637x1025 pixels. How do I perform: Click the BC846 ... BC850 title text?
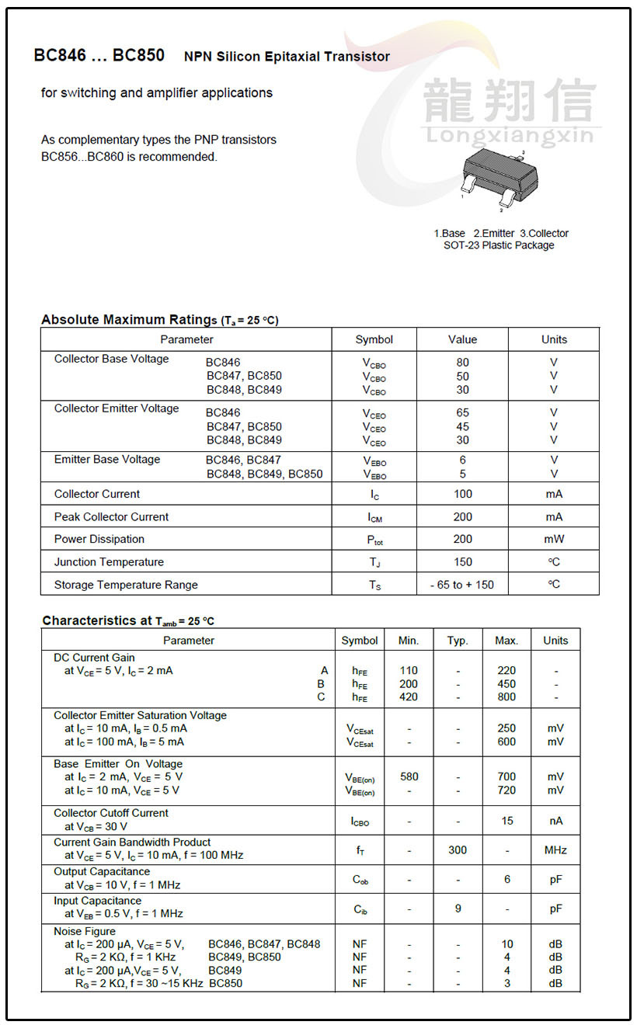click(99, 56)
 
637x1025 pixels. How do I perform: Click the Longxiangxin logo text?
click(510, 137)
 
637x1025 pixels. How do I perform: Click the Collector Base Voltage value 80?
click(462, 363)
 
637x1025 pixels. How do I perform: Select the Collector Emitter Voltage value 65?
click(462, 413)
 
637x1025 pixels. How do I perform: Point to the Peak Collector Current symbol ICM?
click(374, 517)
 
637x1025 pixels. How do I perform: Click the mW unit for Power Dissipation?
click(554, 539)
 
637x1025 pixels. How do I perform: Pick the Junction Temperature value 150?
click(462, 562)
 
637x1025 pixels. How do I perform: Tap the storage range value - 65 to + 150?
click(462, 585)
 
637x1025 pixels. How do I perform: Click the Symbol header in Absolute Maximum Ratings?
click(374, 339)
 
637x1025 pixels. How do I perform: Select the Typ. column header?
click(458, 641)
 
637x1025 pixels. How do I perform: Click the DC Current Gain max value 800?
click(506, 697)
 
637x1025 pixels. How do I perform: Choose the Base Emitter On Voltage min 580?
click(409, 777)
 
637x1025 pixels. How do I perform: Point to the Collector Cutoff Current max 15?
click(506, 821)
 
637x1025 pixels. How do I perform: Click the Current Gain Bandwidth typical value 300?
click(458, 850)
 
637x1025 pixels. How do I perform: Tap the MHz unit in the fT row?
click(555, 850)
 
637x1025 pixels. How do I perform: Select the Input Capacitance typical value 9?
click(458, 909)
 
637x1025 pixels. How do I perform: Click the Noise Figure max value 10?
click(506, 945)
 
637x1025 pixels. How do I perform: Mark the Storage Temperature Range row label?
click(126, 585)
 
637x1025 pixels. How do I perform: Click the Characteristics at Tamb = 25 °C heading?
click(128, 621)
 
